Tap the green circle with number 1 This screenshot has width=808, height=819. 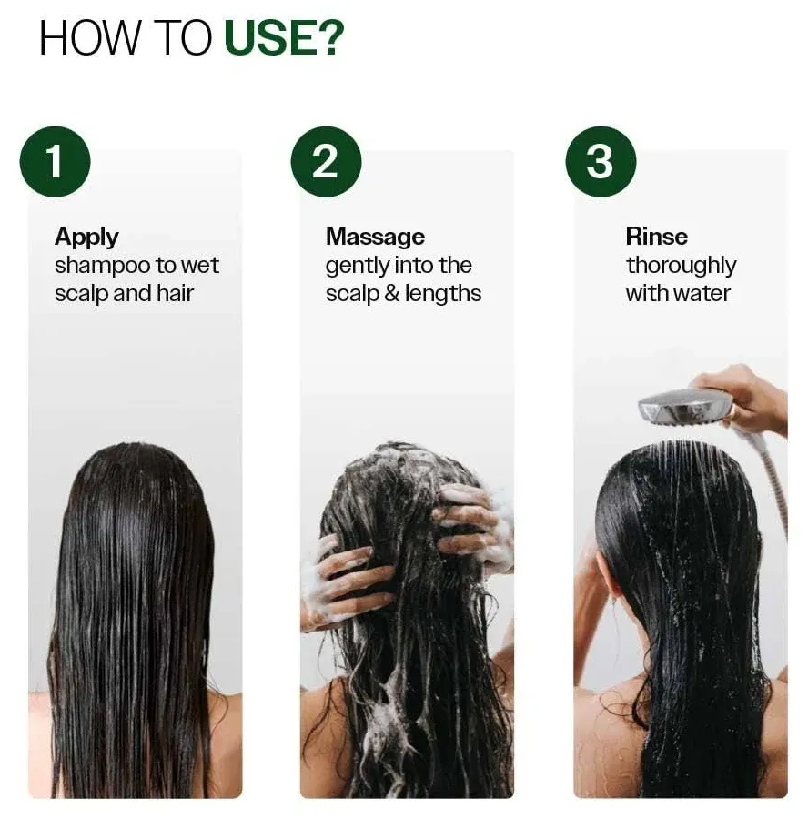coord(54,161)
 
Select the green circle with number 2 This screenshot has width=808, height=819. coord(326,161)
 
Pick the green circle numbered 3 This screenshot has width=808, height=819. coord(601,161)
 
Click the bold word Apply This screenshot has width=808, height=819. coord(86,237)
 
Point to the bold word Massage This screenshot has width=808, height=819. coord(375,237)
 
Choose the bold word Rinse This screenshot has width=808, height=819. coord(656,237)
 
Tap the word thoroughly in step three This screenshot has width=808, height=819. coord(681,266)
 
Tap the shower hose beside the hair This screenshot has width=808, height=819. coord(773,482)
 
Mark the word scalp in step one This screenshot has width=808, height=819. coord(80,294)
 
